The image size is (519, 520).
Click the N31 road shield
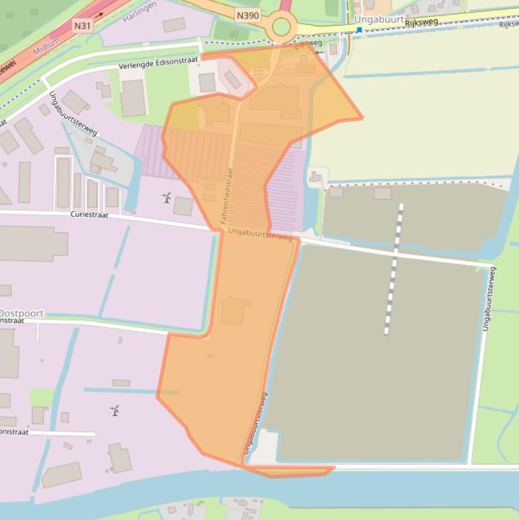click(x=83, y=26)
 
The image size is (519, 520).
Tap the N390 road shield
click(x=247, y=14)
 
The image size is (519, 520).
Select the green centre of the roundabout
click(x=281, y=28)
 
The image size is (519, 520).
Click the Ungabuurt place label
click(x=379, y=20)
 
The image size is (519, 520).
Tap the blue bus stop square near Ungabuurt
click(x=359, y=29)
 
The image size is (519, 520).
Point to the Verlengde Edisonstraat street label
click(x=158, y=63)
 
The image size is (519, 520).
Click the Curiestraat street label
click(x=90, y=214)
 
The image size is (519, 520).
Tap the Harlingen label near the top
click(x=141, y=10)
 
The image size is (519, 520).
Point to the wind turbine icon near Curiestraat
click(x=166, y=197)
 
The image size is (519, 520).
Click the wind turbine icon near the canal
click(x=115, y=410)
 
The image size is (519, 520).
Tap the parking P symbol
click(x=303, y=59)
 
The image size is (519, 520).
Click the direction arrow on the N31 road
click(x=100, y=14)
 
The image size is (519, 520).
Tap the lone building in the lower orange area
click(x=235, y=311)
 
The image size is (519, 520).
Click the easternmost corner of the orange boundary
click(x=362, y=118)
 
